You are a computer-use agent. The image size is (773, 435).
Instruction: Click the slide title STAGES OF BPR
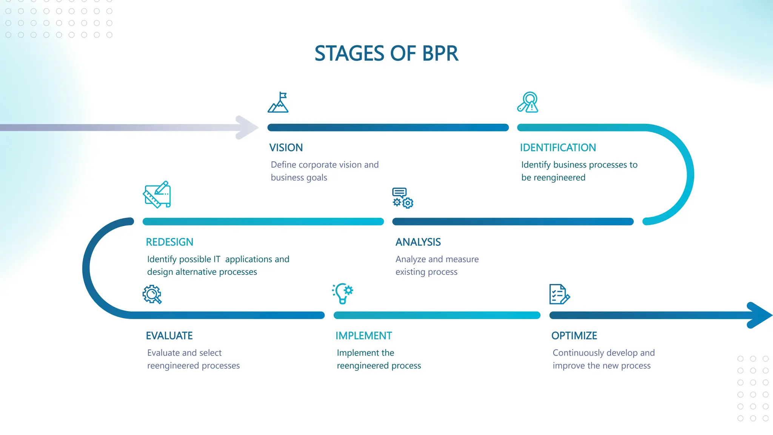click(x=386, y=53)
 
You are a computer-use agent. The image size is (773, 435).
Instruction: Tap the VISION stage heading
click(x=286, y=148)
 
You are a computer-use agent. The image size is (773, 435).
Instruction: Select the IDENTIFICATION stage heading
click(x=557, y=148)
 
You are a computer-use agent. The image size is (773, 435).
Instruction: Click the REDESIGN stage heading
click(x=169, y=242)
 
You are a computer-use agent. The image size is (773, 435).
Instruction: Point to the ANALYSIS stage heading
click(x=418, y=242)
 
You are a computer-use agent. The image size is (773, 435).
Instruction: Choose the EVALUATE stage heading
click(x=169, y=336)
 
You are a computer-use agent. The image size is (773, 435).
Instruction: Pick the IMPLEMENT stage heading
click(x=363, y=336)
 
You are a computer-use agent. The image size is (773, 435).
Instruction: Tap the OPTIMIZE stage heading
click(x=574, y=336)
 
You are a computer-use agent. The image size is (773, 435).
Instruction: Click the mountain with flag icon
click(x=278, y=102)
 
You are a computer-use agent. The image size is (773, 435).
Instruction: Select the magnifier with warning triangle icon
click(x=528, y=102)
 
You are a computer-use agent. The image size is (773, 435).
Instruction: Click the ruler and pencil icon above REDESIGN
click(x=157, y=194)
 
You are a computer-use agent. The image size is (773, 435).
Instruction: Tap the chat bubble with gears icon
click(x=402, y=198)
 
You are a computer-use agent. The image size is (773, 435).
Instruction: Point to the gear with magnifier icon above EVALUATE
click(x=152, y=294)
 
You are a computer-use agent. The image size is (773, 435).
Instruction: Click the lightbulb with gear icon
click(x=343, y=293)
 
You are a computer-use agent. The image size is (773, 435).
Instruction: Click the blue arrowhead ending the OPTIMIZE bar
click(x=759, y=315)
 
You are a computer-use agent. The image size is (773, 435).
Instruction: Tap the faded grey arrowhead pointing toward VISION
click(x=246, y=128)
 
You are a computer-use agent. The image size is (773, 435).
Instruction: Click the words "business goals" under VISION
click(x=299, y=177)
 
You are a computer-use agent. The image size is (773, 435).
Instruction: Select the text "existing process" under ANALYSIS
click(x=426, y=272)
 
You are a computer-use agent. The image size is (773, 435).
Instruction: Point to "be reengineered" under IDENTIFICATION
click(x=553, y=177)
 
